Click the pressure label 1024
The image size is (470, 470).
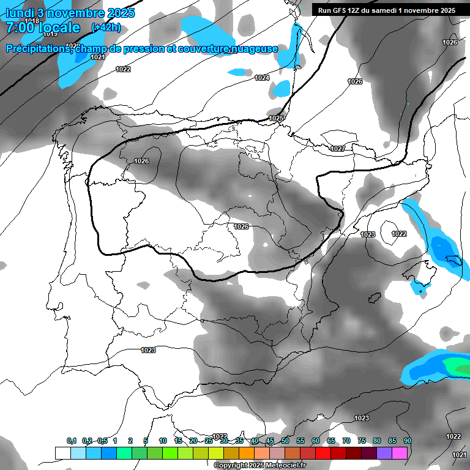pos(262,78)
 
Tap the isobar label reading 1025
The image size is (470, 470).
pos(276,118)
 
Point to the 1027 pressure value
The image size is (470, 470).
pos(337,149)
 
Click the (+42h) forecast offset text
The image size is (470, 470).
pos(106,28)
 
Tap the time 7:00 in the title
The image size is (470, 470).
pos(21,28)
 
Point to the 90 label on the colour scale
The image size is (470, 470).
pos(407,441)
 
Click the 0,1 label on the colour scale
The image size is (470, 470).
pos(72,441)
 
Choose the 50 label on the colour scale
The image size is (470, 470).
pos(285,441)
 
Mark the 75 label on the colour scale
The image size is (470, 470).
pos(362,441)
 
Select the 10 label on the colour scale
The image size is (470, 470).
pos(163,441)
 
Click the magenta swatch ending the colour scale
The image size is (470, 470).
pos(400,453)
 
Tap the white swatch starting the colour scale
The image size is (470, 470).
pos(63,453)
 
